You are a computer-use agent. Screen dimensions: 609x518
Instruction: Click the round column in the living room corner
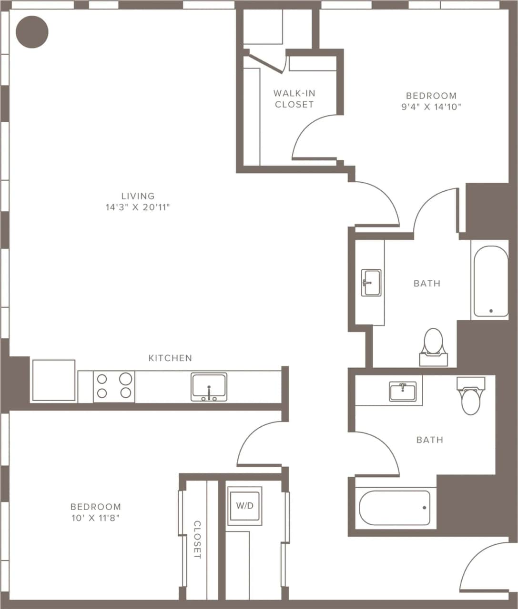(x=32, y=32)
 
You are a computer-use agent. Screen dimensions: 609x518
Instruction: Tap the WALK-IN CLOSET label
(x=294, y=99)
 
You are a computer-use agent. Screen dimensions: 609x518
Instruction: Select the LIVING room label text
(x=138, y=196)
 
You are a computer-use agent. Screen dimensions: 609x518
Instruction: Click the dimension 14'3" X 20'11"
(x=138, y=207)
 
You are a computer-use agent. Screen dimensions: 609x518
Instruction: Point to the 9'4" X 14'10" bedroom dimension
(x=431, y=107)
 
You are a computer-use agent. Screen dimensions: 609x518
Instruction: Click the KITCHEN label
(x=170, y=358)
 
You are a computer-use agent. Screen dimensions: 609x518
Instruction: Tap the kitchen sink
(x=209, y=387)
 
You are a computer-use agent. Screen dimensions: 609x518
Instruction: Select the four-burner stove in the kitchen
(x=114, y=386)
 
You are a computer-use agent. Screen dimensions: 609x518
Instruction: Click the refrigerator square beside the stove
(x=53, y=381)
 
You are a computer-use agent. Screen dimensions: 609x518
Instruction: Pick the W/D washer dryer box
(x=244, y=506)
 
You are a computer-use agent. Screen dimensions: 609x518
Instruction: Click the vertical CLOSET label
(x=197, y=540)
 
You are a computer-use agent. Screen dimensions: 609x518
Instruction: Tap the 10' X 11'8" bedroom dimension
(x=95, y=518)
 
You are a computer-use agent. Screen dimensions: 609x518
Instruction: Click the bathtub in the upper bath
(x=490, y=281)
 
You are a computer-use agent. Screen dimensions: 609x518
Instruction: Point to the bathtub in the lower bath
(x=395, y=508)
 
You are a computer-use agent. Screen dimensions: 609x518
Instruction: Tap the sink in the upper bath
(x=371, y=283)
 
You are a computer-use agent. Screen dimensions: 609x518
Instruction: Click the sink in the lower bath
(x=403, y=392)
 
